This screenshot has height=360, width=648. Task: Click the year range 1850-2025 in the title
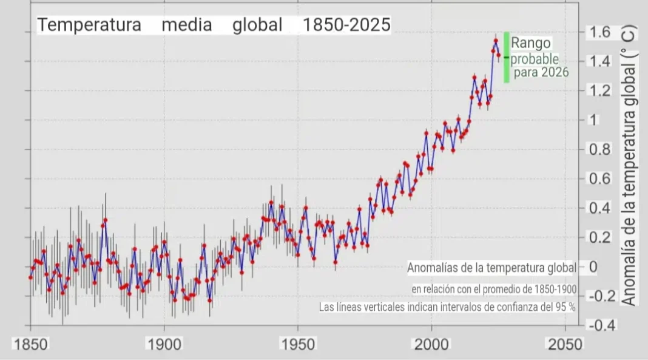click(346, 25)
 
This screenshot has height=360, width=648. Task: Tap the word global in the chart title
click(257, 25)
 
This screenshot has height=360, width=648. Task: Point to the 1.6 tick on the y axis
click(598, 32)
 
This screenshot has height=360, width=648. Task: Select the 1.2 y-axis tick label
click(598, 90)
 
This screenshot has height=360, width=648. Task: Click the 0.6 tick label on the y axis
click(598, 179)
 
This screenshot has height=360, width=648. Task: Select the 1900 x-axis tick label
click(164, 344)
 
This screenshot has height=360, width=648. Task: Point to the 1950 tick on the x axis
click(298, 344)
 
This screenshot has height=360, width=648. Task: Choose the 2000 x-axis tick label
click(431, 344)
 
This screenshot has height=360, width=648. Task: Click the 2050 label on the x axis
click(565, 344)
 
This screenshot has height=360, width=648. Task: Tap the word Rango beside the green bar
click(531, 43)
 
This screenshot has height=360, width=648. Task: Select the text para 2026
click(541, 73)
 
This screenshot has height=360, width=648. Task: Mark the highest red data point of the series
click(496, 41)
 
